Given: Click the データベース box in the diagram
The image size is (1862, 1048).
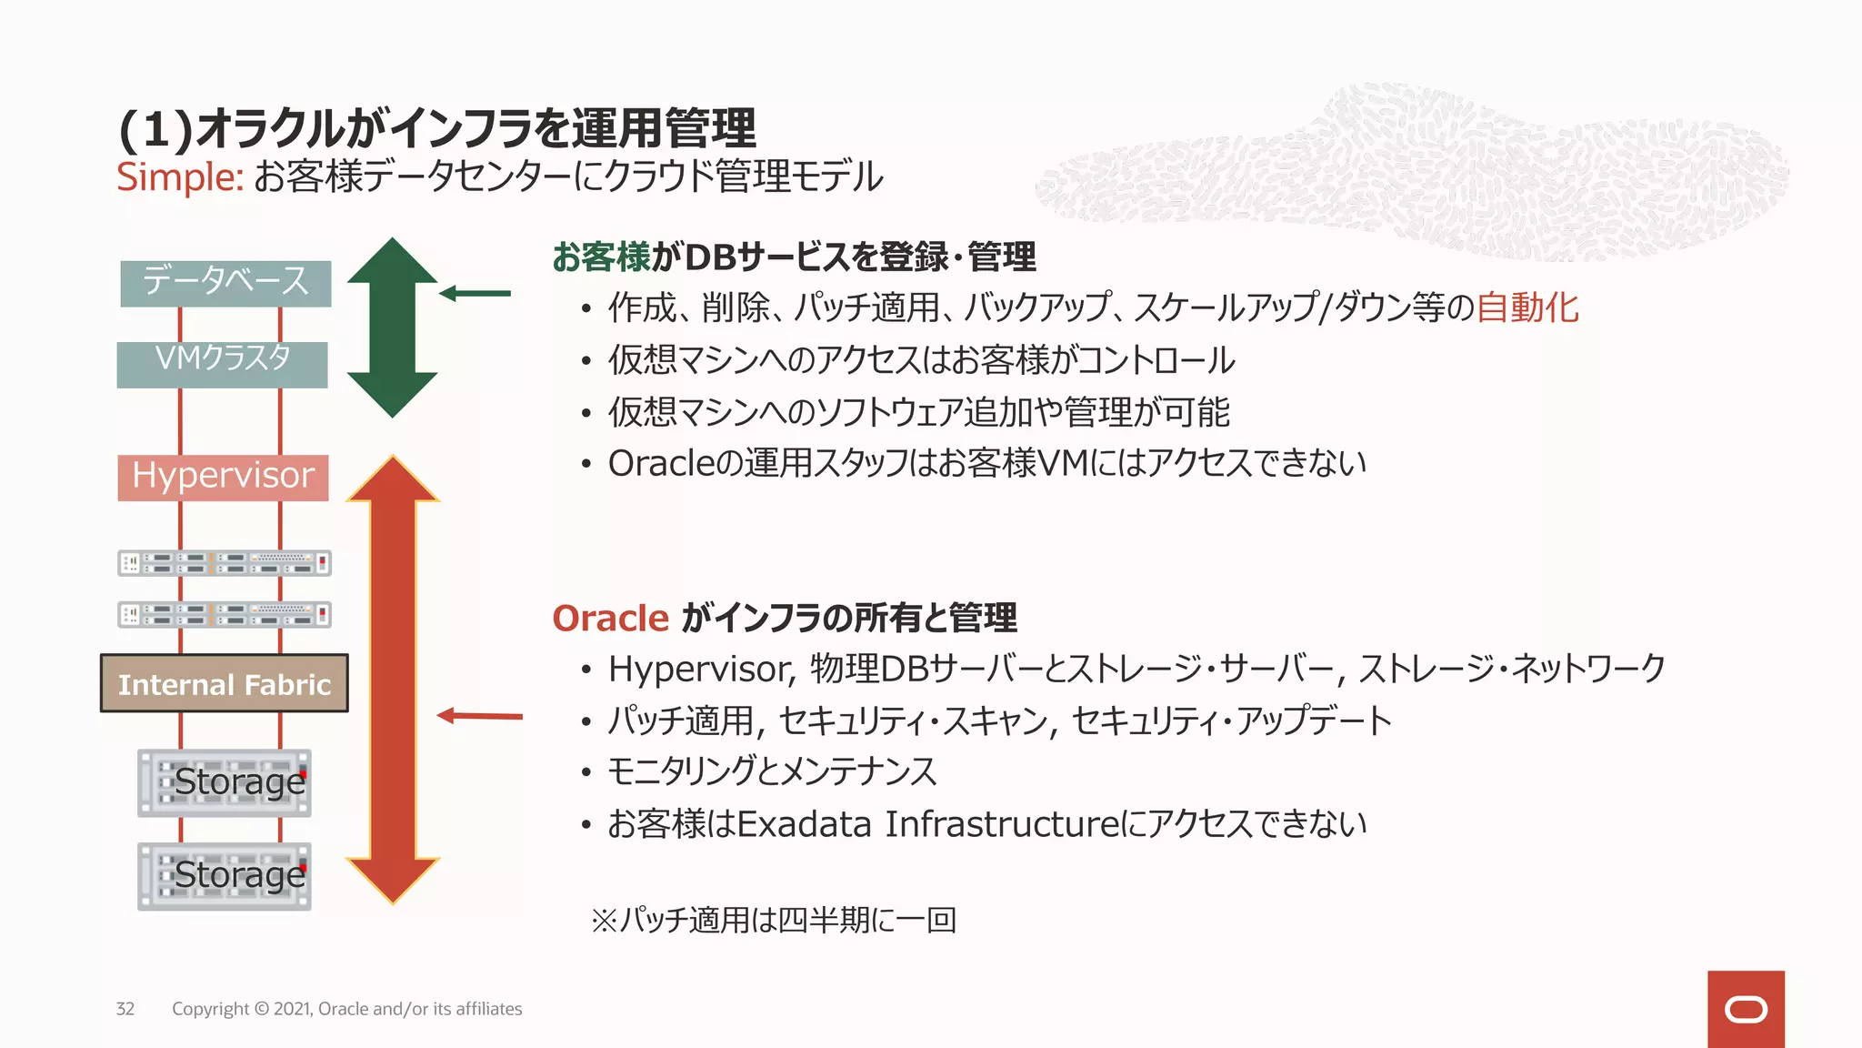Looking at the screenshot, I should [x=225, y=283].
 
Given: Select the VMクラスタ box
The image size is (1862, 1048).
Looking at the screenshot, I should [x=222, y=364].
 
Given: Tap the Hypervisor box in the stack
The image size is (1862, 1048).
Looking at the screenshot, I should [x=223, y=477].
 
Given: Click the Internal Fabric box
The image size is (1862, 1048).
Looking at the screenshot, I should [x=224, y=683].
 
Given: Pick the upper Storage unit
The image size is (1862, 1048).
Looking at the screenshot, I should [x=224, y=782].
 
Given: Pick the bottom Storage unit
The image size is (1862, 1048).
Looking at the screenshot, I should [x=224, y=875].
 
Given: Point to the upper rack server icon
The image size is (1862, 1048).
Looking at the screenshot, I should [x=224, y=563].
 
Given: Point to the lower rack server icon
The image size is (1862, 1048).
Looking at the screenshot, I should [x=224, y=615].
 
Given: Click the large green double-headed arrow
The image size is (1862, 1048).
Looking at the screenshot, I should [x=392, y=327].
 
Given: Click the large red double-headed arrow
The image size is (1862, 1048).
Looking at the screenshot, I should [x=393, y=678].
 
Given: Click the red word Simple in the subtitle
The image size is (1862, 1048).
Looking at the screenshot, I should [x=179, y=176].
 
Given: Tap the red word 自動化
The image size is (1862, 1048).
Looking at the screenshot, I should [x=1527, y=307].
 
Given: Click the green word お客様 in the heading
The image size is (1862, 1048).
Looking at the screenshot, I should [x=601, y=257].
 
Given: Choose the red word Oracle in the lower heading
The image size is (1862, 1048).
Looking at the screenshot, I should [x=610, y=619].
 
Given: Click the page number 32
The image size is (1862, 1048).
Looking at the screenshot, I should [x=125, y=1009].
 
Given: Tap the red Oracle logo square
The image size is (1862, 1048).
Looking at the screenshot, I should [x=1745, y=1009].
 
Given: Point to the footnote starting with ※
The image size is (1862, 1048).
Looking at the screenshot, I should [x=773, y=920].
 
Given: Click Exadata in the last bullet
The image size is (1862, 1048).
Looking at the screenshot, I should [x=804, y=824].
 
